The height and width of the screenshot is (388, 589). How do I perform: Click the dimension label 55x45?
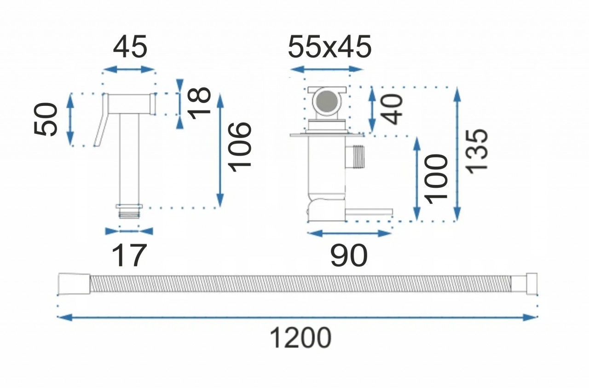pos(330,47)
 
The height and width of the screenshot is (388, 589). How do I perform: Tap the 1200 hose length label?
pos(300,338)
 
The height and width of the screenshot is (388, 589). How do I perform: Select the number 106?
pos(239,147)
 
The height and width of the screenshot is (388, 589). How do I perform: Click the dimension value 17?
pos(128,255)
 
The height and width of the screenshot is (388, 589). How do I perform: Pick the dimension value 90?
pos(349,255)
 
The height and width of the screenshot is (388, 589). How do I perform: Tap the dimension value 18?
pos(200,103)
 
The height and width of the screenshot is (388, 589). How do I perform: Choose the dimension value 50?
pos(46,119)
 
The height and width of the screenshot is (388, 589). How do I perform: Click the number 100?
pos(436,179)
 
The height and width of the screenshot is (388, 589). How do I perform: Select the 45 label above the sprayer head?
pos(130,47)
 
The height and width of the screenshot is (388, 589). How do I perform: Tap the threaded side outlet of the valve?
pos(355,157)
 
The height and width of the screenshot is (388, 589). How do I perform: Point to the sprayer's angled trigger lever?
pos(102,120)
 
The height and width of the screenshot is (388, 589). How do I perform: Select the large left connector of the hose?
pos(74,284)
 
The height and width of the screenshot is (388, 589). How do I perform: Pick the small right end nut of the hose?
pos(532,284)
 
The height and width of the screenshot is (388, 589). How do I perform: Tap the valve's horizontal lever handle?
pos(369,212)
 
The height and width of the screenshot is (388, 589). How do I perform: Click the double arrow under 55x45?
pos(326,69)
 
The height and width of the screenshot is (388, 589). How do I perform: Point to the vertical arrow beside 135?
pos(457,154)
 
